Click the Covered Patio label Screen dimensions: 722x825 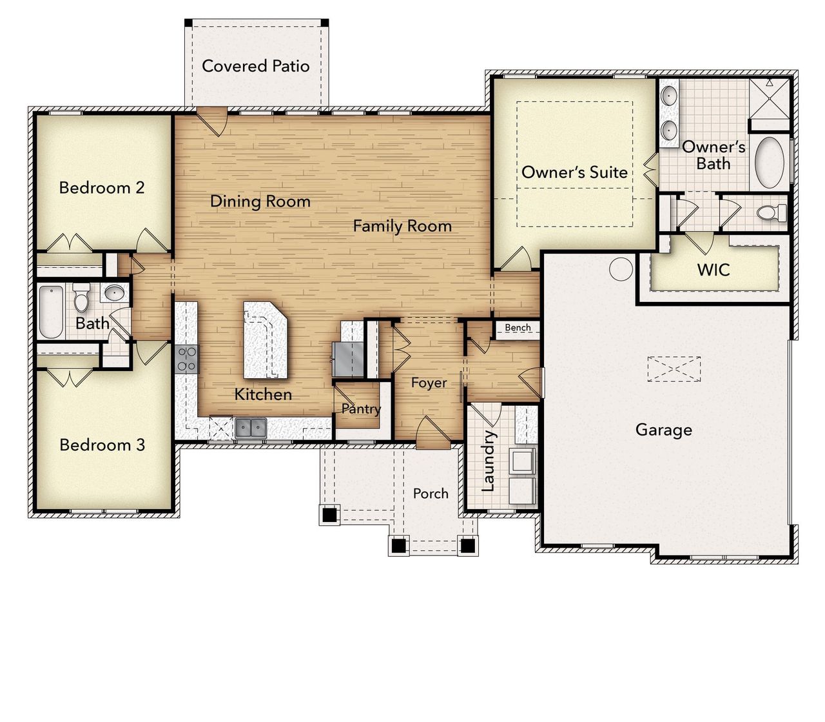pos(255,66)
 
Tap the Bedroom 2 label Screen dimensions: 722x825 pos(102,188)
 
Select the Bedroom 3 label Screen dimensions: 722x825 pos(102,445)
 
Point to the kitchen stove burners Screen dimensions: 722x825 pos(187,359)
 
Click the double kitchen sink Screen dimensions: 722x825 pos(251,427)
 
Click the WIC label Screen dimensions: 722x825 pos(713,270)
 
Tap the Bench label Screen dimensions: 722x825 pos(518,328)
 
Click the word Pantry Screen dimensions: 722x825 pos(361,408)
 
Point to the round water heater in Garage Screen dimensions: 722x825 pos(621,269)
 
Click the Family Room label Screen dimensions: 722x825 pos(402,226)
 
